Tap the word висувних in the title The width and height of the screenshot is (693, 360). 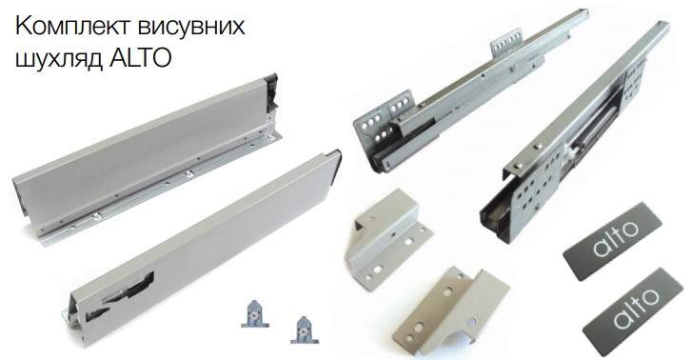(x=191, y=27)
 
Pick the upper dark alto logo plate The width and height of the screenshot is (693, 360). (x=613, y=241)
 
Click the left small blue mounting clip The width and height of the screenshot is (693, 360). (x=255, y=313)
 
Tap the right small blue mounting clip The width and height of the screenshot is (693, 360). (x=305, y=330)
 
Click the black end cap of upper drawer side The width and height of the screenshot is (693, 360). (x=270, y=95)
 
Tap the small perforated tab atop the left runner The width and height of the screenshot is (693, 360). (x=507, y=44)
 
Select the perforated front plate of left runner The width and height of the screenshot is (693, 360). (x=384, y=118)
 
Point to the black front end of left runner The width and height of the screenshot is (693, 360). (x=381, y=161)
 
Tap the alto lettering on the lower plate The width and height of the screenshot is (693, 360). (x=635, y=308)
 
